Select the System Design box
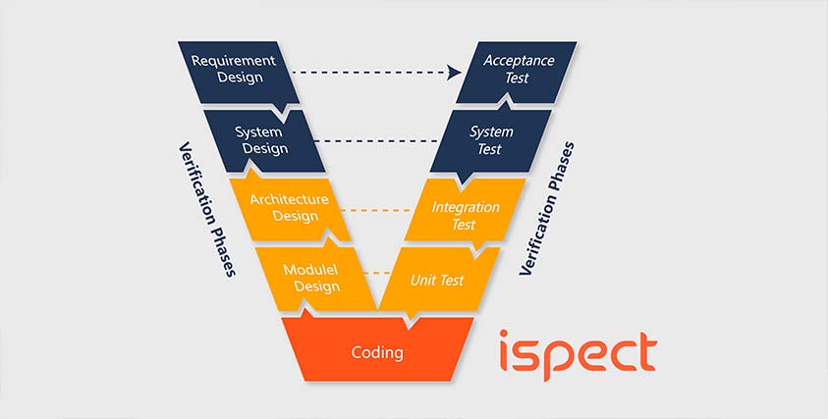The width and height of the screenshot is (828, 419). pos(260,139)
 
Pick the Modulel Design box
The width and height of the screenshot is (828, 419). pos(310,277)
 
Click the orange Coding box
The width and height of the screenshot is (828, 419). pos(378,350)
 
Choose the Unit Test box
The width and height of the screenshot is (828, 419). pos(436,281)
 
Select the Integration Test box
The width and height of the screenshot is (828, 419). pos(466,215)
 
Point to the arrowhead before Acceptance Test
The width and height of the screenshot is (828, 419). pos(454,72)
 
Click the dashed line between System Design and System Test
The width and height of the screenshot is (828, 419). pos(377,141)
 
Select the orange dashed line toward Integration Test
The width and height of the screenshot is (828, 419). pos(378,211)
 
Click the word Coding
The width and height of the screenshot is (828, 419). pos(377,351)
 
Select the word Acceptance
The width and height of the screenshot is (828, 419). pos(519,60)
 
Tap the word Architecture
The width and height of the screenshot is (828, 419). pos(289,199)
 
